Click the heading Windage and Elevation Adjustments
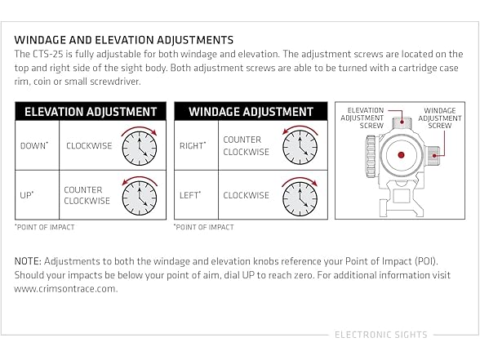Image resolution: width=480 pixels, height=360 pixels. [124, 40]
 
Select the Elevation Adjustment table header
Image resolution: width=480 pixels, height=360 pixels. [91, 111]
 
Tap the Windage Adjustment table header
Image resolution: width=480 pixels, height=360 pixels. [251, 111]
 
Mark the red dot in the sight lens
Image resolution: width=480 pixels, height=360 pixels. [401, 155]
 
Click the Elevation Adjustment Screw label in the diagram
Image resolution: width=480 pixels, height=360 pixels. [362, 118]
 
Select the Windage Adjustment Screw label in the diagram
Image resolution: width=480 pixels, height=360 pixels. [440, 118]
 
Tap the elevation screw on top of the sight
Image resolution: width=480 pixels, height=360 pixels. [402, 123]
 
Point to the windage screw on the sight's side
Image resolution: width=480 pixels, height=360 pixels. [433, 154]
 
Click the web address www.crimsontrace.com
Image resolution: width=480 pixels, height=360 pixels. [66, 289]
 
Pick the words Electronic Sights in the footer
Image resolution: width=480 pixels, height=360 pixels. [380, 335]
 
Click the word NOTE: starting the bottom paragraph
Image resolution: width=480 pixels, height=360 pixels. [28, 261]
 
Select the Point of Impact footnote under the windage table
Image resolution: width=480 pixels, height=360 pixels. [204, 227]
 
